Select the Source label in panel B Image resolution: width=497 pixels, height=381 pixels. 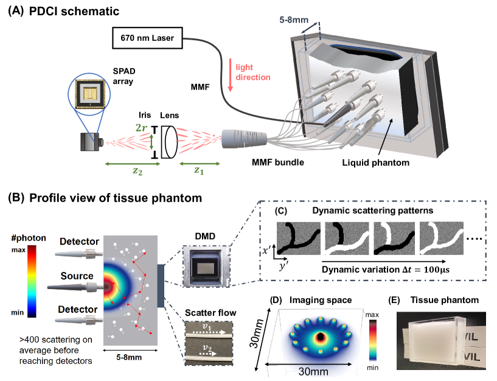77,277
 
